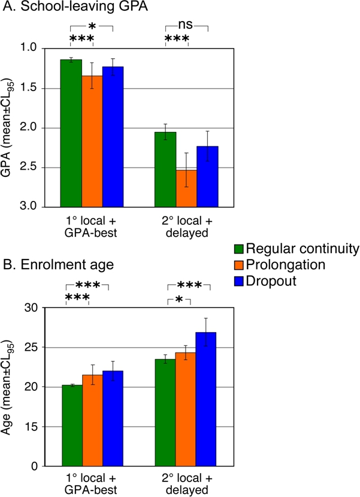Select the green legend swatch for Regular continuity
click(x=239, y=248)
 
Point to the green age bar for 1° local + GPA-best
click(x=72, y=426)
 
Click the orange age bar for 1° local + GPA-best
click(x=92, y=420)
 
